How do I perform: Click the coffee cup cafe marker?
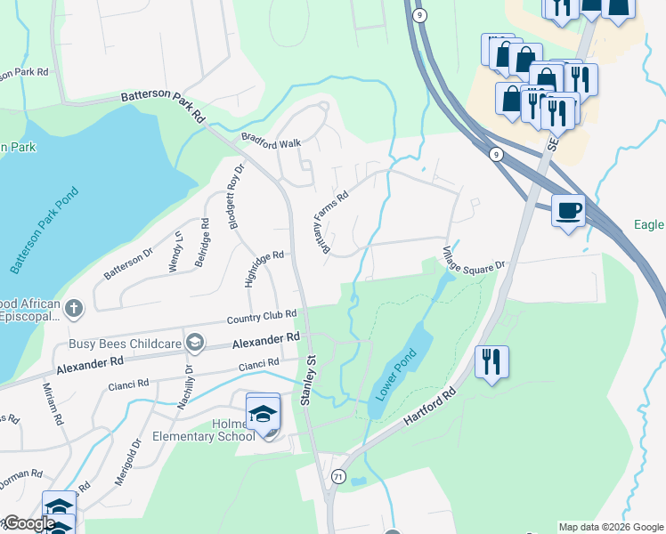[568, 212]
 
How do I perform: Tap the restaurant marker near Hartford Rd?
[491, 362]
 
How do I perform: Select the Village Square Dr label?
[475, 259]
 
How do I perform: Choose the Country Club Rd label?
[261, 317]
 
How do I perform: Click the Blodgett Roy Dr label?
[236, 198]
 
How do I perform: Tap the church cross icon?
[74, 309]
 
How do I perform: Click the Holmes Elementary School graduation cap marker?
[263, 414]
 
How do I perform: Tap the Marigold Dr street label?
[128, 461]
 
